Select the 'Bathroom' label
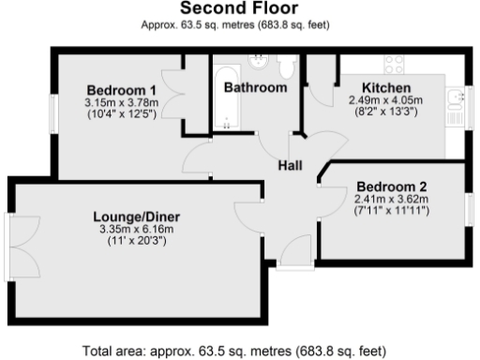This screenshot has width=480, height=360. click(x=255, y=87)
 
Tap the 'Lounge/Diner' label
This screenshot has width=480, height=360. click(x=139, y=217)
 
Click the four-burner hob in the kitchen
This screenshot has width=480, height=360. click(x=394, y=65)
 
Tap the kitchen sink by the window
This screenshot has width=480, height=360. click(x=454, y=97)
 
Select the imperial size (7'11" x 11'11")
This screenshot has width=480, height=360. click(x=391, y=209)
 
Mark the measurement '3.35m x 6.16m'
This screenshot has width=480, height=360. click(x=139, y=230)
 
